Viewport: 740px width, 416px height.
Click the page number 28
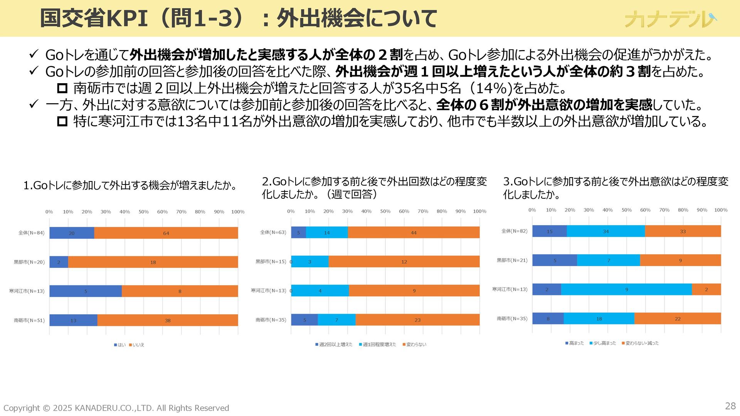click(730, 406)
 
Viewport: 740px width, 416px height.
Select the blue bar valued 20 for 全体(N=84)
click(72, 233)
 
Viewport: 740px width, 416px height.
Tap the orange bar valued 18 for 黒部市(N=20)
click(153, 262)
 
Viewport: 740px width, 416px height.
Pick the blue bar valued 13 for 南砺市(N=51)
click(73, 320)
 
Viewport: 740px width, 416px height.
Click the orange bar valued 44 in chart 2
click(414, 233)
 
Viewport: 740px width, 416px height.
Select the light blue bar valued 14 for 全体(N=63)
click(327, 233)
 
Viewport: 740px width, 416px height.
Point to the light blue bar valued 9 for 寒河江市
click(626, 289)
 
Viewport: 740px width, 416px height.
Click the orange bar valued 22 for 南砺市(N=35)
click(678, 319)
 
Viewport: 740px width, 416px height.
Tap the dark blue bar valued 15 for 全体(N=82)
click(549, 231)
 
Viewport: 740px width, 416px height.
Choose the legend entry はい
click(120, 345)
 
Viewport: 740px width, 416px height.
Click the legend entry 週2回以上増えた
click(334, 344)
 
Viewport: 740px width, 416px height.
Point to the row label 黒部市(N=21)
click(512, 260)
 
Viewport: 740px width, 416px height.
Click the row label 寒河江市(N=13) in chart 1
click(27, 291)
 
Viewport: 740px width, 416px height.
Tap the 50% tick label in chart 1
click(143, 212)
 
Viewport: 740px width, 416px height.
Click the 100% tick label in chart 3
click(721, 210)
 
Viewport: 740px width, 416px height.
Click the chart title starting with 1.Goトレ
click(130, 186)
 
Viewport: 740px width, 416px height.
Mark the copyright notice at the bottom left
click(116, 408)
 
